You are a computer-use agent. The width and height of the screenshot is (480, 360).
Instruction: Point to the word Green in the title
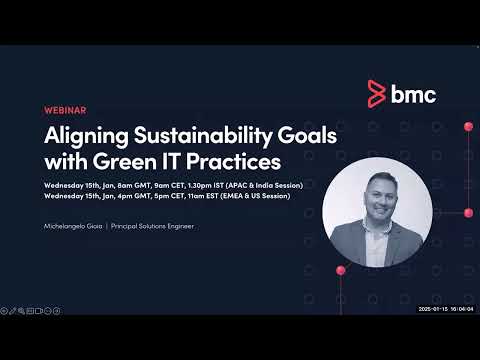pos(125,161)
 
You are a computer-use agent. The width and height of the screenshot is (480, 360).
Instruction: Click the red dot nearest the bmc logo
pos(467,126)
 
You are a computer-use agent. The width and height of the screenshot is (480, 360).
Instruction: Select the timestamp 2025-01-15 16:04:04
pos(446,309)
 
